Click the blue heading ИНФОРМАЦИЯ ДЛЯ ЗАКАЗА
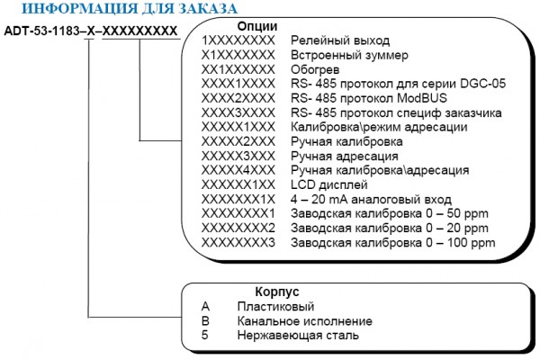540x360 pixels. pos(130,8)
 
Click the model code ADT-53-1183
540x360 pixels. pos(41,31)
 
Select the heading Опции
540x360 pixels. pos(257,26)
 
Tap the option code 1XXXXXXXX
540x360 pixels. pos(238,40)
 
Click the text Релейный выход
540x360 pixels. pos(340,40)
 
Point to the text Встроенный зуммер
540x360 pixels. pos(349,55)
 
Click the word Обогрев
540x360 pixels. pos(315,69)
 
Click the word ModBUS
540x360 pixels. pos(422,98)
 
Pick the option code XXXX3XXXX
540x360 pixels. pos(238,112)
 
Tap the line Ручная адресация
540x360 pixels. pos(345,156)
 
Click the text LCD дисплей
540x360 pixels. pos(329,185)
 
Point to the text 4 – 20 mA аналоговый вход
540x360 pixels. pos(371,200)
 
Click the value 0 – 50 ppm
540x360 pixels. pos(457,214)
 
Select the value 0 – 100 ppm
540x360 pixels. pos(461,243)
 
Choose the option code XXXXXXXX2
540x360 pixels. pos(238,229)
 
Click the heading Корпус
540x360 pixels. pos(277,292)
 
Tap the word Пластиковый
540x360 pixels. pos(276,306)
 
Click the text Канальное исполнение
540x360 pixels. pos(305,321)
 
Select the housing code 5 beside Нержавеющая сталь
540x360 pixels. pos(205,335)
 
